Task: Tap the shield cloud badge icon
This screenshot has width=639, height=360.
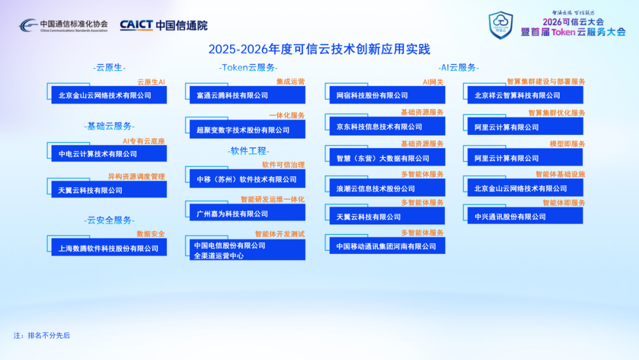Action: pos(501,25)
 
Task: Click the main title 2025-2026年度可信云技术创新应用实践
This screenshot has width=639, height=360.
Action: pos(319,49)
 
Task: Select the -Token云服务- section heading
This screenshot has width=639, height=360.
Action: pos(248,67)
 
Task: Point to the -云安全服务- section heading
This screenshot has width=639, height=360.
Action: pos(109,220)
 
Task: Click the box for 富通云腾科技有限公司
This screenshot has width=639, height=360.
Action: pos(247,95)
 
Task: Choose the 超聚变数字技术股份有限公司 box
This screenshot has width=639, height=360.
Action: pos(247,130)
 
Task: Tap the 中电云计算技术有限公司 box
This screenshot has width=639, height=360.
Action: pos(109,154)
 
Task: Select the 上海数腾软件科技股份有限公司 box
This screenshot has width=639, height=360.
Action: pos(109,248)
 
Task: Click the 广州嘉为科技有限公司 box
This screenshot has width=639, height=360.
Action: pos(247,213)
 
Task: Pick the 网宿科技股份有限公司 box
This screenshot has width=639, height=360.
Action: pos(387,95)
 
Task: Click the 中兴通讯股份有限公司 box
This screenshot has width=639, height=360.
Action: pos(525,216)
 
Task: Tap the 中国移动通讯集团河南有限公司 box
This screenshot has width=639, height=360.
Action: pos(387,246)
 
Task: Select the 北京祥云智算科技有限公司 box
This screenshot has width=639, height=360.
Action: pos(525,95)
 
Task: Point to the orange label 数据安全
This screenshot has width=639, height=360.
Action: pos(151,234)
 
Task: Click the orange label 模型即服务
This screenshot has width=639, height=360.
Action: pos(567,144)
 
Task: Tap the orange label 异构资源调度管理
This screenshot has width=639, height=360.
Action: pos(137,176)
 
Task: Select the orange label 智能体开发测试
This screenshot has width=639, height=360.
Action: pos(280,234)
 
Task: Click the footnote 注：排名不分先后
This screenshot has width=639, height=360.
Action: pos(41,336)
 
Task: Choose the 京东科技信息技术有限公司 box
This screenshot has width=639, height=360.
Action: pos(387,126)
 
